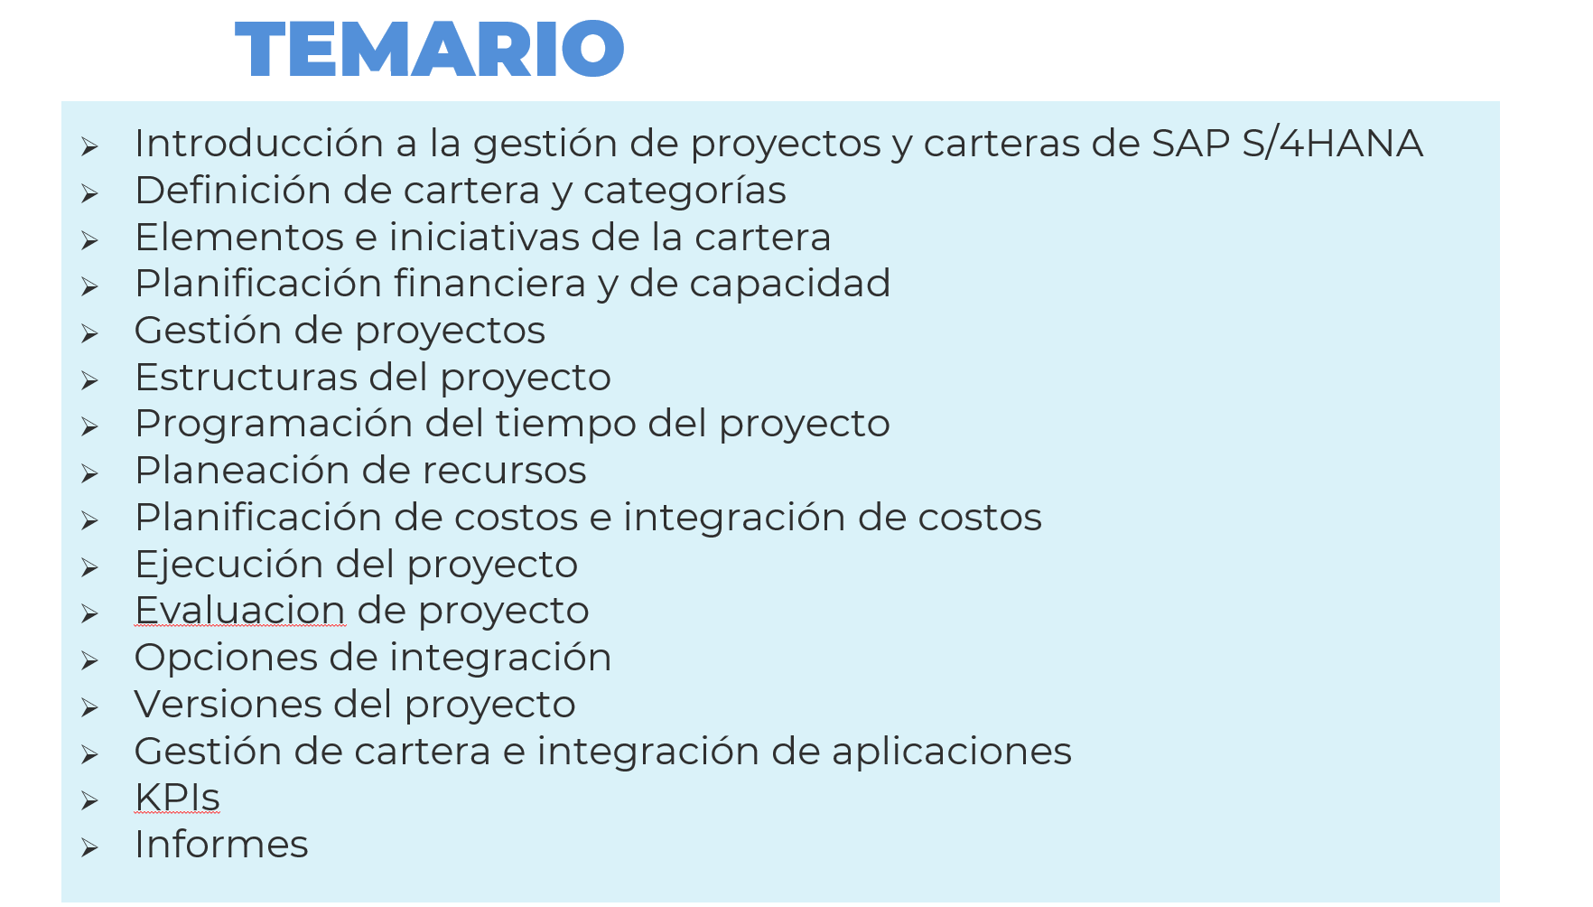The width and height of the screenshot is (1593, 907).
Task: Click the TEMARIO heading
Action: coord(429,49)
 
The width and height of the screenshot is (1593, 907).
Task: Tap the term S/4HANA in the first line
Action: coord(1332,144)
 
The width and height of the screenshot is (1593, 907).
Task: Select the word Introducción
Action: coord(259,144)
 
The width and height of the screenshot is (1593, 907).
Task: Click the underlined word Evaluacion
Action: coord(240,611)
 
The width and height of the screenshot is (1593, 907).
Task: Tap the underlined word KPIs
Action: coord(177,798)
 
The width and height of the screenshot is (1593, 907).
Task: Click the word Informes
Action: coord(221,845)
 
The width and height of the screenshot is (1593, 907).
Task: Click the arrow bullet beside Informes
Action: coord(89,847)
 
